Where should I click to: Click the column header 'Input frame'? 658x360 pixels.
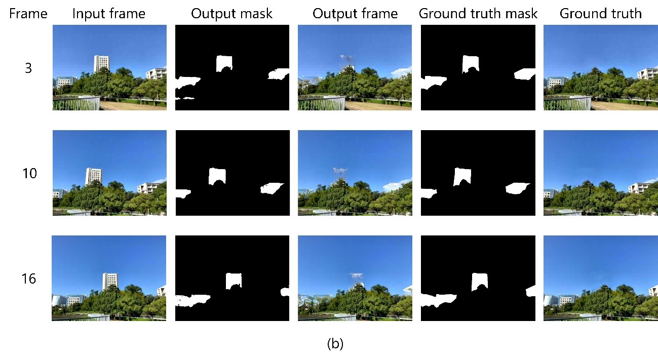pyautogui.click(x=109, y=14)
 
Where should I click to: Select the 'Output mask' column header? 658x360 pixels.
pyautogui.click(x=232, y=14)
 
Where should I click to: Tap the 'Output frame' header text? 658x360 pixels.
pyautogui.click(x=355, y=14)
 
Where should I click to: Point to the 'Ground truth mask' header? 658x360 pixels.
pyautogui.click(x=478, y=14)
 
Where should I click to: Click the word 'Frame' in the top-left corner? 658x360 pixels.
pyautogui.click(x=28, y=14)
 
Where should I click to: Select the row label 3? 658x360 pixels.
pyautogui.click(x=28, y=68)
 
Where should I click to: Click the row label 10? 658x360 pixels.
pyautogui.click(x=30, y=174)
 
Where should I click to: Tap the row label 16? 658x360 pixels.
pyautogui.click(x=29, y=278)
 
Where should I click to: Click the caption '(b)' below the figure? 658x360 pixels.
pyautogui.click(x=335, y=343)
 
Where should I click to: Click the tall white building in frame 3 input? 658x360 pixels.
pyautogui.click(x=101, y=64)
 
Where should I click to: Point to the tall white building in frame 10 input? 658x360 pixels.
pyautogui.click(x=93, y=176)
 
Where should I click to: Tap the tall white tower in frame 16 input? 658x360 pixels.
pyautogui.click(x=110, y=282)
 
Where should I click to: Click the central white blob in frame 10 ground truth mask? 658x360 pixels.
pyautogui.click(x=462, y=176)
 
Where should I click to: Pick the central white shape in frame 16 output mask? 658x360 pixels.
pyautogui.click(x=234, y=280)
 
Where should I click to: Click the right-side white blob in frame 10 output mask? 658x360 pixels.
pyautogui.click(x=272, y=188)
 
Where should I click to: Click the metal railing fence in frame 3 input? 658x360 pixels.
pyautogui.click(x=76, y=103)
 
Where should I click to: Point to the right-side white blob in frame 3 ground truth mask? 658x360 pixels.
pyautogui.click(x=525, y=74)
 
